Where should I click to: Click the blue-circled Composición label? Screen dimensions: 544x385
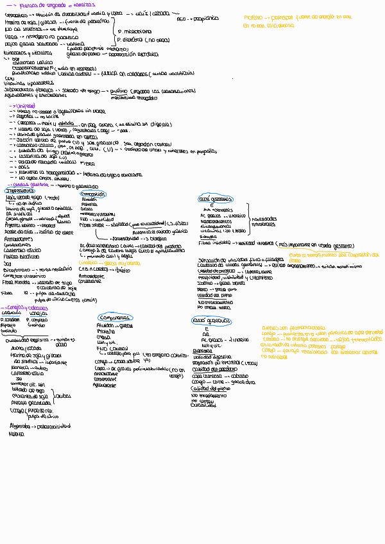(93, 194)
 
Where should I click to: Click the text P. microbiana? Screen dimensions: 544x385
(134, 30)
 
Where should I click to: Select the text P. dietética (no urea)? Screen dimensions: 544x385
(139, 38)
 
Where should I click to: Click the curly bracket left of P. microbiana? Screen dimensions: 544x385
(116, 33)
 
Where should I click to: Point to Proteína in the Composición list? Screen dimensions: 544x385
(89, 204)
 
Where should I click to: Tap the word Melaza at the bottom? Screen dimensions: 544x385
(16, 433)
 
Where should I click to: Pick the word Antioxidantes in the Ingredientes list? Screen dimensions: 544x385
(19, 239)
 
